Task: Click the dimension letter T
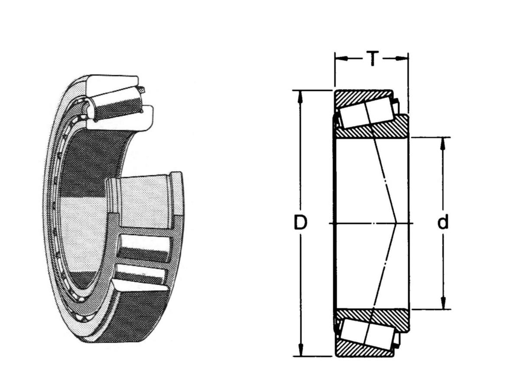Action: [372, 58]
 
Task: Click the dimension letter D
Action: [300, 223]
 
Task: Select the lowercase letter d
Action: [443, 223]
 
